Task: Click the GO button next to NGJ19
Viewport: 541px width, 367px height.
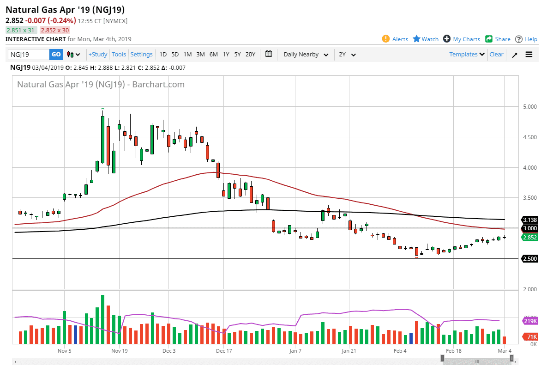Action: click(56, 55)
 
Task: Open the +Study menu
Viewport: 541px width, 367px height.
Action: click(98, 55)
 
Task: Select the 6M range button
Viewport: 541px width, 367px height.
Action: click(213, 55)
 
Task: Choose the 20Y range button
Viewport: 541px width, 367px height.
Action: click(250, 55)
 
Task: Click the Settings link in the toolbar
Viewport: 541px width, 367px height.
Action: click(141, 55)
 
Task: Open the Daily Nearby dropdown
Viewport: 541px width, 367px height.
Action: click(306, 55)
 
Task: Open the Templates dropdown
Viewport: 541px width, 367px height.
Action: click(467, 55)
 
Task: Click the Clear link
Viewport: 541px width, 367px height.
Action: click(496, 55)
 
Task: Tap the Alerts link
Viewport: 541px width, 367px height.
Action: click(400, 39)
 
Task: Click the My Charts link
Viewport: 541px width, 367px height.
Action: click(466, 39)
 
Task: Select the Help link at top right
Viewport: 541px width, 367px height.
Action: click(530, 39)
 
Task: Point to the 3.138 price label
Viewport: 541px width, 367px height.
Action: click(529, 220)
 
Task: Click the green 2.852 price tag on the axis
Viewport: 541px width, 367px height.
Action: click(529, 238)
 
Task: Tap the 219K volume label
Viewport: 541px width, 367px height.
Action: click(529, 321)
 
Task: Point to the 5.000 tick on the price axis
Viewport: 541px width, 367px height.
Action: click(529, 107)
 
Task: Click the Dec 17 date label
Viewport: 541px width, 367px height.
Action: click(223, 351)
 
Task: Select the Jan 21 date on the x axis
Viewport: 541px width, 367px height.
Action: click(349, 351)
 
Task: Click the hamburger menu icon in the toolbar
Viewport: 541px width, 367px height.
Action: click(529, 55)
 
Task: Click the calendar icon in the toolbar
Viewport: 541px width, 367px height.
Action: click(269, 54)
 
